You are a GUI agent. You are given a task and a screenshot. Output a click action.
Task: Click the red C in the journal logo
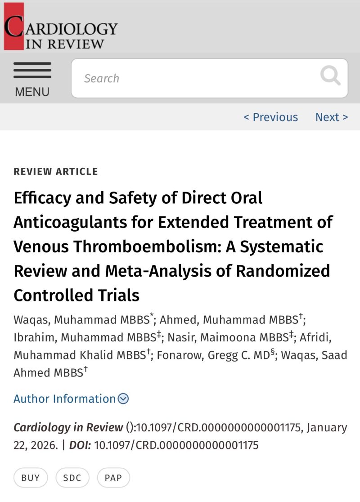click(x=13, y=27)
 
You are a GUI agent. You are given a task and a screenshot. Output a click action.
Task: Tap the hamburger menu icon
click(x=32, y=71)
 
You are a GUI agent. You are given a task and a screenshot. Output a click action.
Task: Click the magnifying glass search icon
click(x=330, y=76)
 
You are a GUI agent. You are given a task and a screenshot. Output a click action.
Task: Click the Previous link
click(x=270, y=117)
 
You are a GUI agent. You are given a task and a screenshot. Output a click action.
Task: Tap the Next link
click(x=331, y=117)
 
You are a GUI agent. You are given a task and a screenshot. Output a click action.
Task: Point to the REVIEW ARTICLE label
click(x=56, y=171)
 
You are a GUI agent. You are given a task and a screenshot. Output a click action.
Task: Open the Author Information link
click(x=65, y=399)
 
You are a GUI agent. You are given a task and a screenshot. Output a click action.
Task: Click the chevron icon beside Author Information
click(x=123, y=399)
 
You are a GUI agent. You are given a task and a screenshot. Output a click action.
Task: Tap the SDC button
click(x=72, y=478)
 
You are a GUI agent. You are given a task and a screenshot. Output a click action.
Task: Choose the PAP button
click(x=113, y=478)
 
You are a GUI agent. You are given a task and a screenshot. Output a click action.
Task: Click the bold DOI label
click(x=81, y=445)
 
